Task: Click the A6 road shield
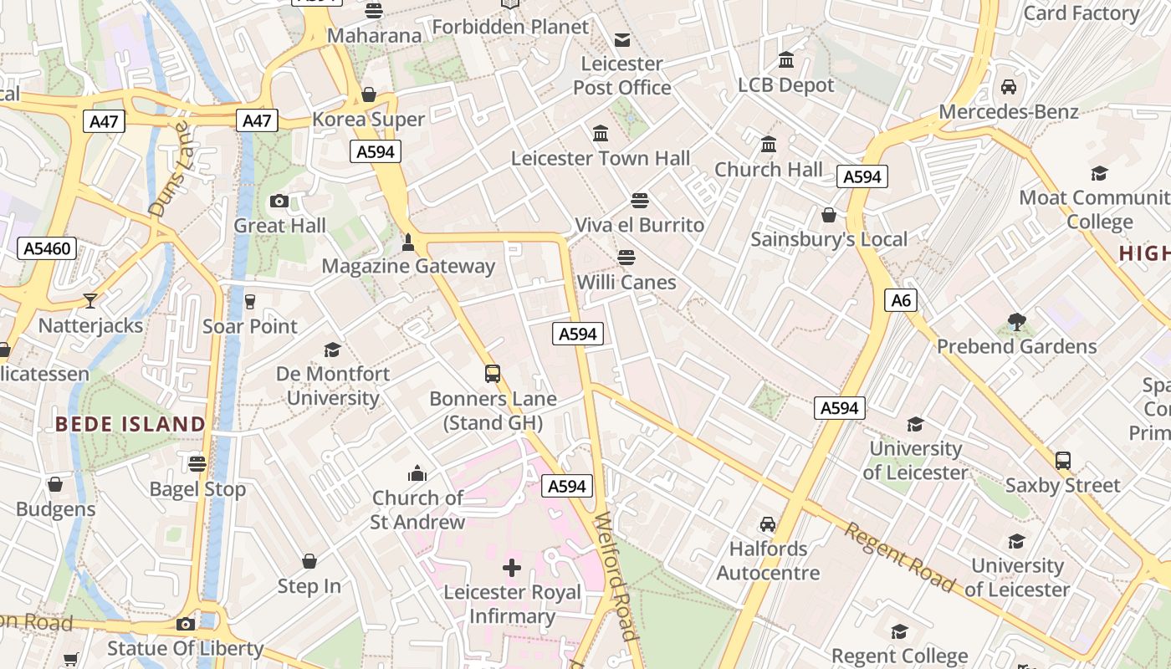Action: tap(901, 300)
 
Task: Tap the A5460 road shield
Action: tap(47, 248)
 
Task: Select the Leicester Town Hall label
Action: tap(601, 158)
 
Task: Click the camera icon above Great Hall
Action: tap(279, 201)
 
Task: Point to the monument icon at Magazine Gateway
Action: tap(408, 243)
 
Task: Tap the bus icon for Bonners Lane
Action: tap(493, 374)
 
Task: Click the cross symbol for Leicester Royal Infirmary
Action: tap(512, 568)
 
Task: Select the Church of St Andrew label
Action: tap(417, 510)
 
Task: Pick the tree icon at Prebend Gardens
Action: tap(1016, 321)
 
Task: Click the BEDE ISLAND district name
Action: tap(130, 424)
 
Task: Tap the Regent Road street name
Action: tap(899, 557)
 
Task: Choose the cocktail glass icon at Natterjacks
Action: tap(90, 301)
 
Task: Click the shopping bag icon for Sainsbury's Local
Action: tap(828, 216)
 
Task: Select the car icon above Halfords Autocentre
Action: tap(767, 524)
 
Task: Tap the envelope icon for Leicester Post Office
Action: tap(622, 39)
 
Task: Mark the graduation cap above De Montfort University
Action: tap(333, 350)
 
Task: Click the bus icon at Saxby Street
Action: tap(1062, 461)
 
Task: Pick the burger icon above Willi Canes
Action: tap(626, 258)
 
